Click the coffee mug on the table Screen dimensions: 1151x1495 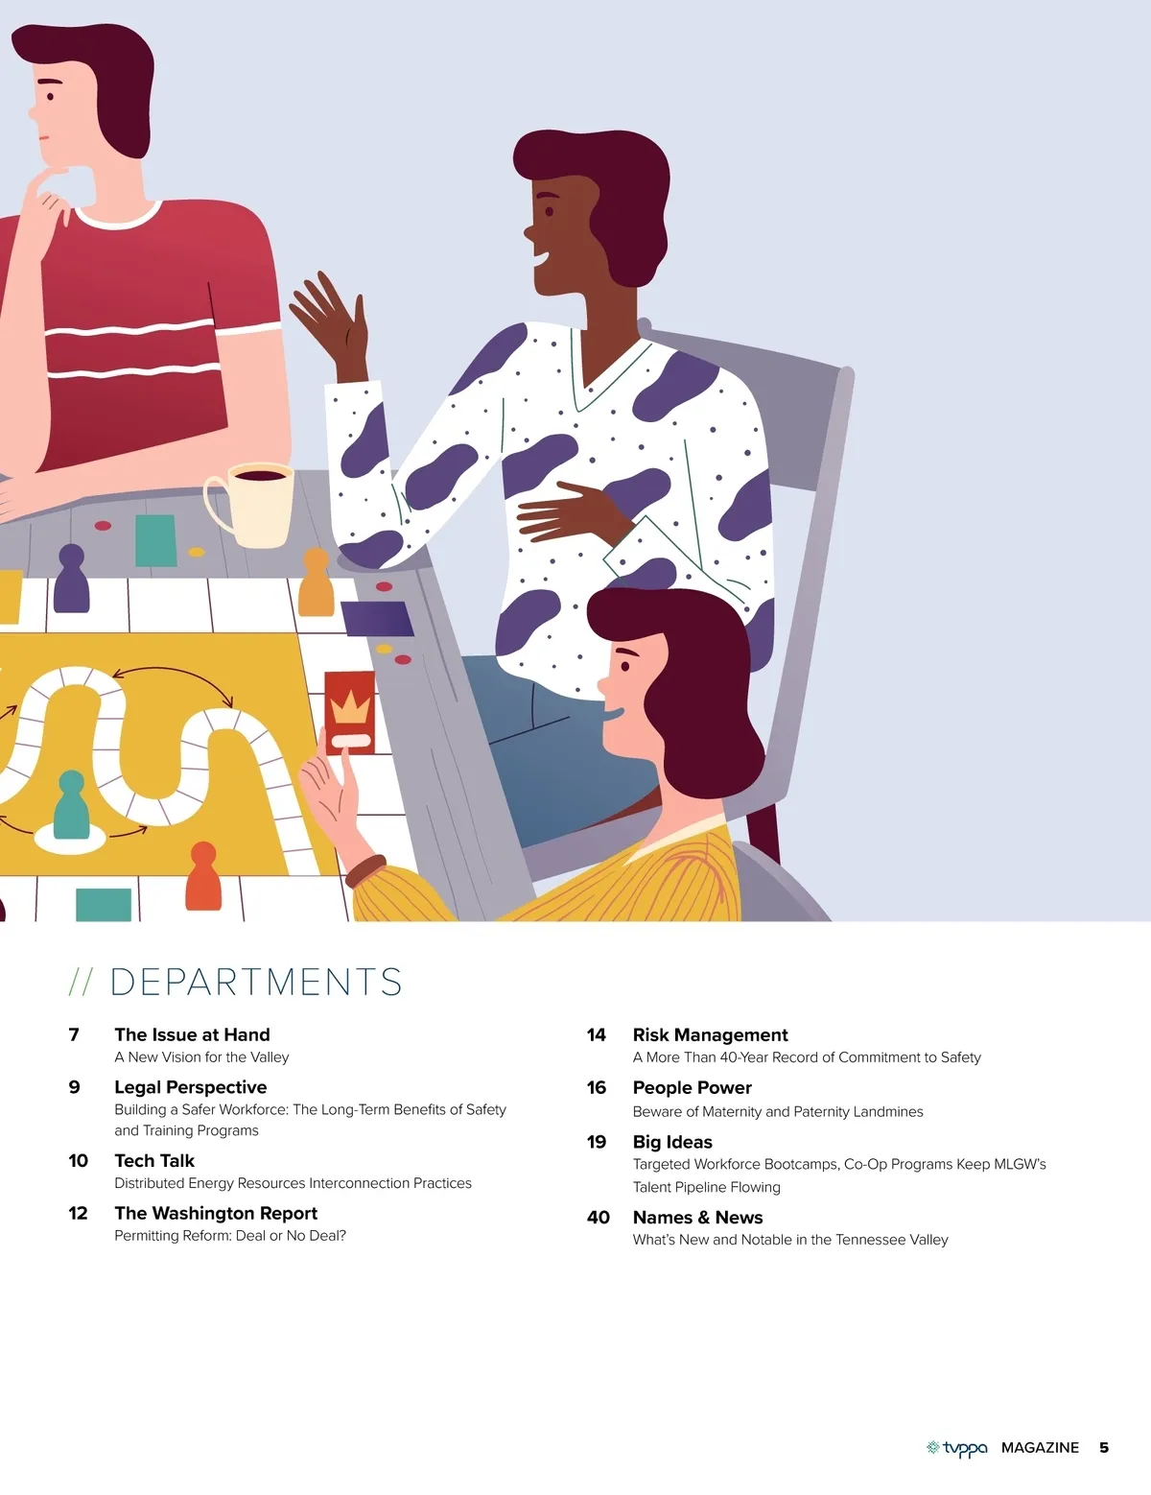(251, 505)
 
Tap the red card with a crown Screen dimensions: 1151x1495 (350, 712)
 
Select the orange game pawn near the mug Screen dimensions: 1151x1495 (316, 582)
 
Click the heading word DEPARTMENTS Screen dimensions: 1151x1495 (256, 982)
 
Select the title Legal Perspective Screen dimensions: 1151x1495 (191, 1087)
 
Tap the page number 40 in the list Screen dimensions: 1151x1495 (599, 1217)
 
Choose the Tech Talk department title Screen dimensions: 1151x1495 (154, 1161)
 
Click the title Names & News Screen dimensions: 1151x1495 (698, 1217)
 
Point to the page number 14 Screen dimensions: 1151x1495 (597, 1034)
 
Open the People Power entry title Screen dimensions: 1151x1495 (693, 1088)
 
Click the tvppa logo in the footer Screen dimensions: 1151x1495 (956, 1448)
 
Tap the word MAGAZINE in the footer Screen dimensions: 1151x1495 (1040, 1448)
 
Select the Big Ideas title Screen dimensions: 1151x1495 (672, 1142)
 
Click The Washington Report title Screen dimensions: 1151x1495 (216, 1213)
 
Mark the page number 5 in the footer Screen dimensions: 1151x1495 (1104, 1448)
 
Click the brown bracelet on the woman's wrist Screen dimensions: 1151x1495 (365, 871)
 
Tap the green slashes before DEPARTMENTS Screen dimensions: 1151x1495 (81, 982)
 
